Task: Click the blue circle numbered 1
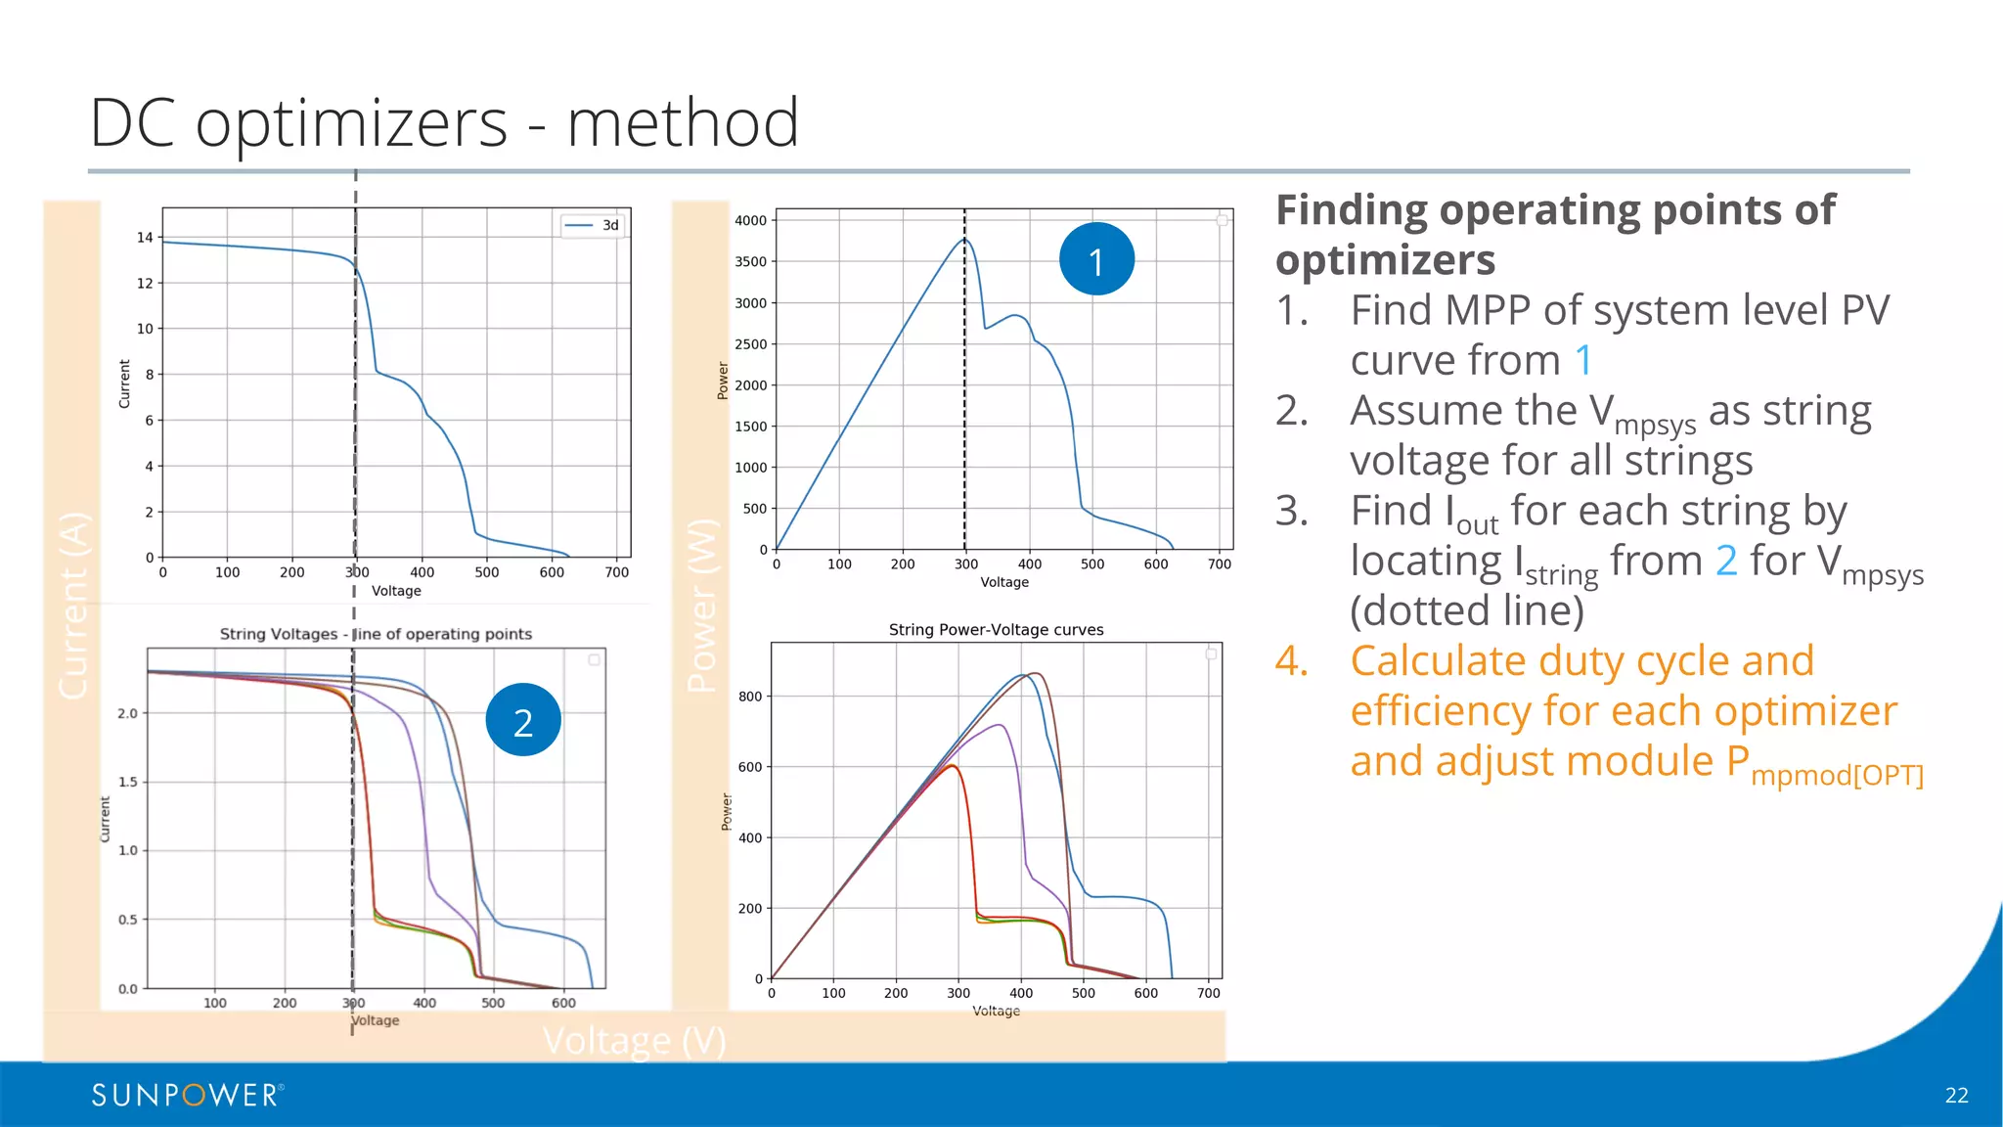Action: tap(1096, 260)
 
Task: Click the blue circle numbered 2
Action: tap(523, 721)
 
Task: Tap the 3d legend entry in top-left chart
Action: tap(594, 225)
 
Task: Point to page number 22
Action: tap(1956, 1096)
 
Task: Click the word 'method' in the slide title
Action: tap(683, 123)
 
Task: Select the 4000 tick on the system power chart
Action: tap(751, 221)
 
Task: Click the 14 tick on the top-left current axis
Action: tap(145, 238)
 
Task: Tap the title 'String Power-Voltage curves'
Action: tap(996, 630)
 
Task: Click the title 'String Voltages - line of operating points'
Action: tap(376, 634)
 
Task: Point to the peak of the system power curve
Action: tap(964, 239)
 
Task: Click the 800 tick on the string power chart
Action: tap(750, 697)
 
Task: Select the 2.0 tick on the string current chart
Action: tap(128, 713)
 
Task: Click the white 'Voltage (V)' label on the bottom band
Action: tap(634, 1041)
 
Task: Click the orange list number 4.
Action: tap(1291, 661)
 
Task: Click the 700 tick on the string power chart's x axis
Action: tap(1209, 993)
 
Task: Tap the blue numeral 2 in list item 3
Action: tap(1726, 562)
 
